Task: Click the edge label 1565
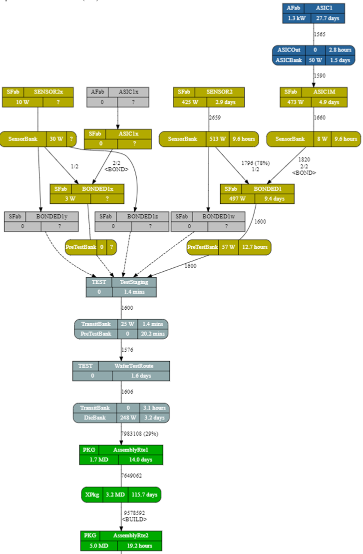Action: point(320,34)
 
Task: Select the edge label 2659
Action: point(215,117)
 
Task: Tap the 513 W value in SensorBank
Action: point(215,139)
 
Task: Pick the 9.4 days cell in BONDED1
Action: point(274,198)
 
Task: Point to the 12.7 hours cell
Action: point(255,247)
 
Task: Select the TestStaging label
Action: point(134,282)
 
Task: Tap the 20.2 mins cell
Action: point(152,334)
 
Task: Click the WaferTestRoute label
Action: point(134,366)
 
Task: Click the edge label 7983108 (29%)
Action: point(139,433)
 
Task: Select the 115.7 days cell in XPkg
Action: point(144,495)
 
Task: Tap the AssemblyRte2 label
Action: point(131,535)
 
